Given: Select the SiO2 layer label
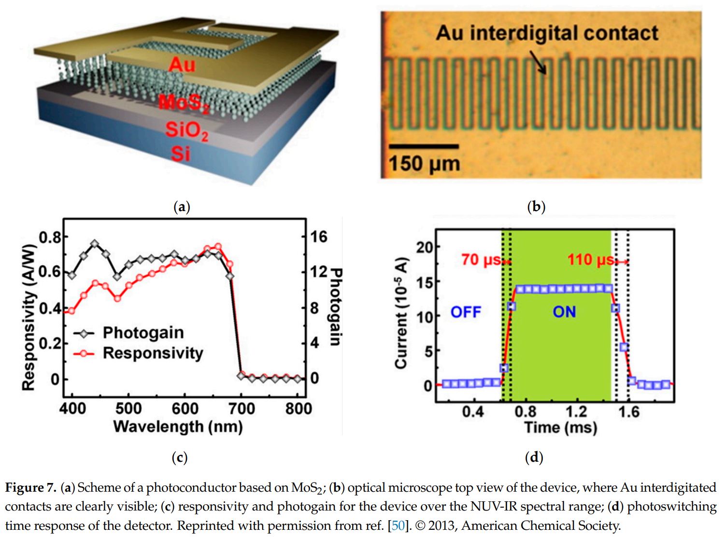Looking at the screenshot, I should (186, 130).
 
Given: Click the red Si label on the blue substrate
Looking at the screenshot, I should (180, 154).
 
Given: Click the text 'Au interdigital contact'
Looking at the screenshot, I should (546, 33).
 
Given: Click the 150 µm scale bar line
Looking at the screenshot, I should (424, 146).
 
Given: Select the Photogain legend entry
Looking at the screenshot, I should (143, 333).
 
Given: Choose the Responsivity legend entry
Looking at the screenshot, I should (153, 353).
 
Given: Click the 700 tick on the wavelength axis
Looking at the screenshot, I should (241, 409).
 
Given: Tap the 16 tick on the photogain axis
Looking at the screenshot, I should (319, 237).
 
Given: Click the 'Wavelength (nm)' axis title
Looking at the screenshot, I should (178, 426).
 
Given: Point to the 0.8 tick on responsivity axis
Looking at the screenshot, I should (50, 238).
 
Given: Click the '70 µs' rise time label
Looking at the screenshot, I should (481, 260).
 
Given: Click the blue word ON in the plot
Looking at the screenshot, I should (564, 312).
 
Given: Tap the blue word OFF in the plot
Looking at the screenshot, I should (466, 312).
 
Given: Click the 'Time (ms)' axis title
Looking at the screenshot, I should (560, 427).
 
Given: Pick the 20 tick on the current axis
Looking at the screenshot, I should (425, 247).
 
